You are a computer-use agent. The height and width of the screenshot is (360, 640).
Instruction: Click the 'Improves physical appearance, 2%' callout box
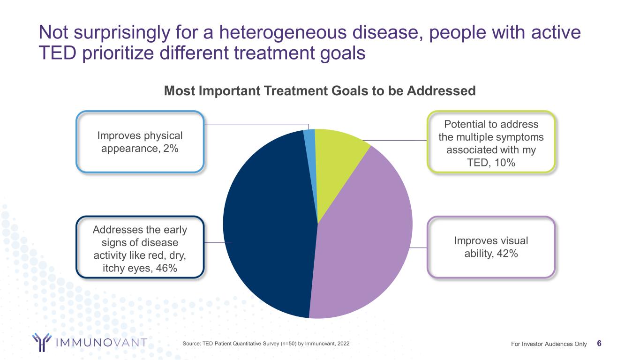click(140, 142)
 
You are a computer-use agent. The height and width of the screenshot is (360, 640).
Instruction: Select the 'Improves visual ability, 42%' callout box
click(490, 247)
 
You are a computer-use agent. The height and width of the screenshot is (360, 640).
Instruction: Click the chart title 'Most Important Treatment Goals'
click(320, 90)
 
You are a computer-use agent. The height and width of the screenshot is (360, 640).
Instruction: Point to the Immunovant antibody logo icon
click(41, 342)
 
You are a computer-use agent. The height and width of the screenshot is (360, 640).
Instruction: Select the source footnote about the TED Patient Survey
click(265, 344)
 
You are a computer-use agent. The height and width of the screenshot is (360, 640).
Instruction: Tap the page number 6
click(600, 344)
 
